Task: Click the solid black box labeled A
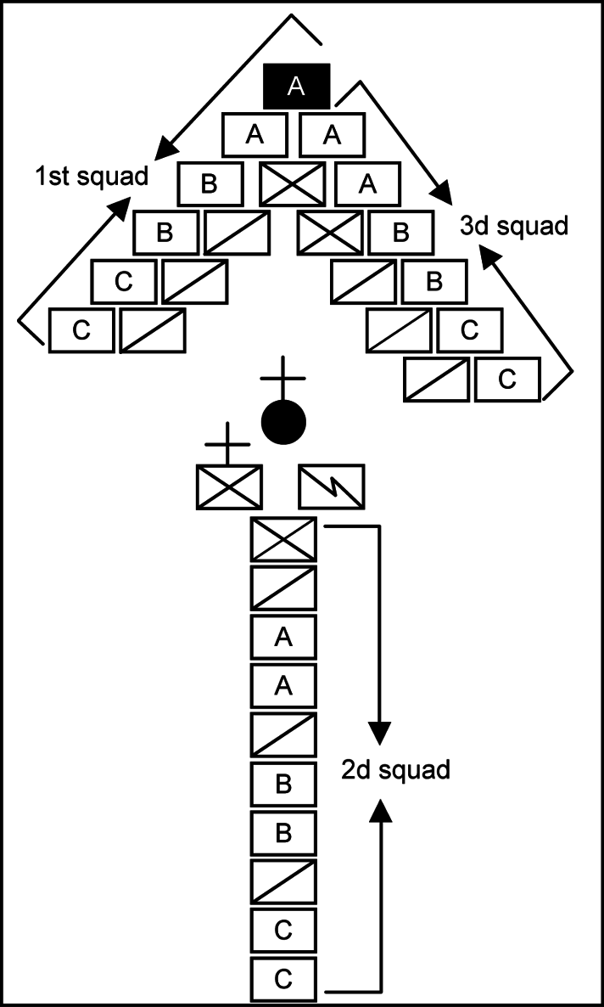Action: [x=297, y=87]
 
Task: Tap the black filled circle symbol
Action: [x=283, y=421]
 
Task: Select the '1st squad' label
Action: [x=92, y=177]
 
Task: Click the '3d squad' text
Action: [x=513, y=227]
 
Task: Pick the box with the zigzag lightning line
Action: [x=332, y=487]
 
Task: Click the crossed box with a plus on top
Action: [x=229, y=486]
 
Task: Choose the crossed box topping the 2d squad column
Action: [x=283, y=538]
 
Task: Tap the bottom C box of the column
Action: [x=283, y=979]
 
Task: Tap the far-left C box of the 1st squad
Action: [x=81, y=331]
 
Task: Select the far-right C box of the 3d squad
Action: [x=507, y=379]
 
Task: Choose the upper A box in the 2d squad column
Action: [x=283, y=637]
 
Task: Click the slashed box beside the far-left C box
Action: [x=153, y=331]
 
